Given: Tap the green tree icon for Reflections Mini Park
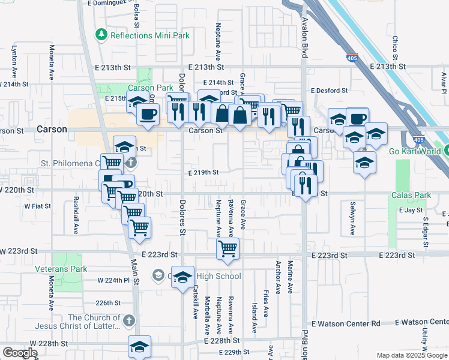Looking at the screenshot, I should [101, 35].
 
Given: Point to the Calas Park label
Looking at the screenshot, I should [411, 195].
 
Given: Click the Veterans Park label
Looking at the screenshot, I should [61, 269].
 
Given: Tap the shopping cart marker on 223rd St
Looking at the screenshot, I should [228, 248].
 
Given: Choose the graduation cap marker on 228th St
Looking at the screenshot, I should [139, 346].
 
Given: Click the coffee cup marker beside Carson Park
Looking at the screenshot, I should [148, 113].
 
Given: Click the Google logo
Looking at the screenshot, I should [20, 353].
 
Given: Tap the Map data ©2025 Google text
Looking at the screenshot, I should [412, 355].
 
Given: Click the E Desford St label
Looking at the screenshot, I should [329, 91].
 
